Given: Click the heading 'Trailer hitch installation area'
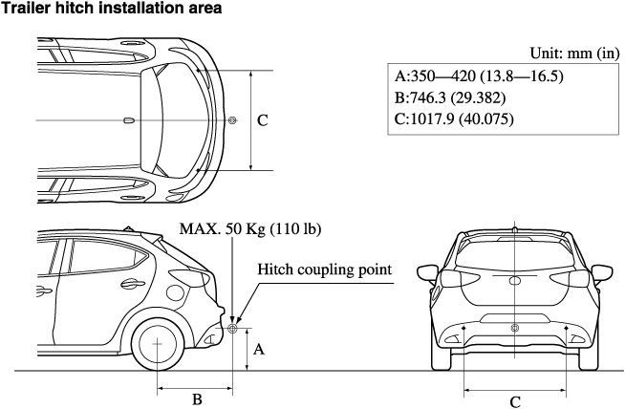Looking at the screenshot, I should [114, 9].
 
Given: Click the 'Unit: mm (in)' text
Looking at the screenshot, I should [574, 54].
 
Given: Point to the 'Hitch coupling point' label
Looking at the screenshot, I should [325, 269].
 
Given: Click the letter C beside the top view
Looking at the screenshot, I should [263, 121].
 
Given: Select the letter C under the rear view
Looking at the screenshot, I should [515, 401].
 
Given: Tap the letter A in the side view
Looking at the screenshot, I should [257, 350].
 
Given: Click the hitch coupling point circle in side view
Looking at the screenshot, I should [232, 328].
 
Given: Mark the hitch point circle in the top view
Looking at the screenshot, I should [233, 120].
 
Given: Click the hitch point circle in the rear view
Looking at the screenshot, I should [515, 329].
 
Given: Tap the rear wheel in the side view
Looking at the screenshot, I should [157, 342].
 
